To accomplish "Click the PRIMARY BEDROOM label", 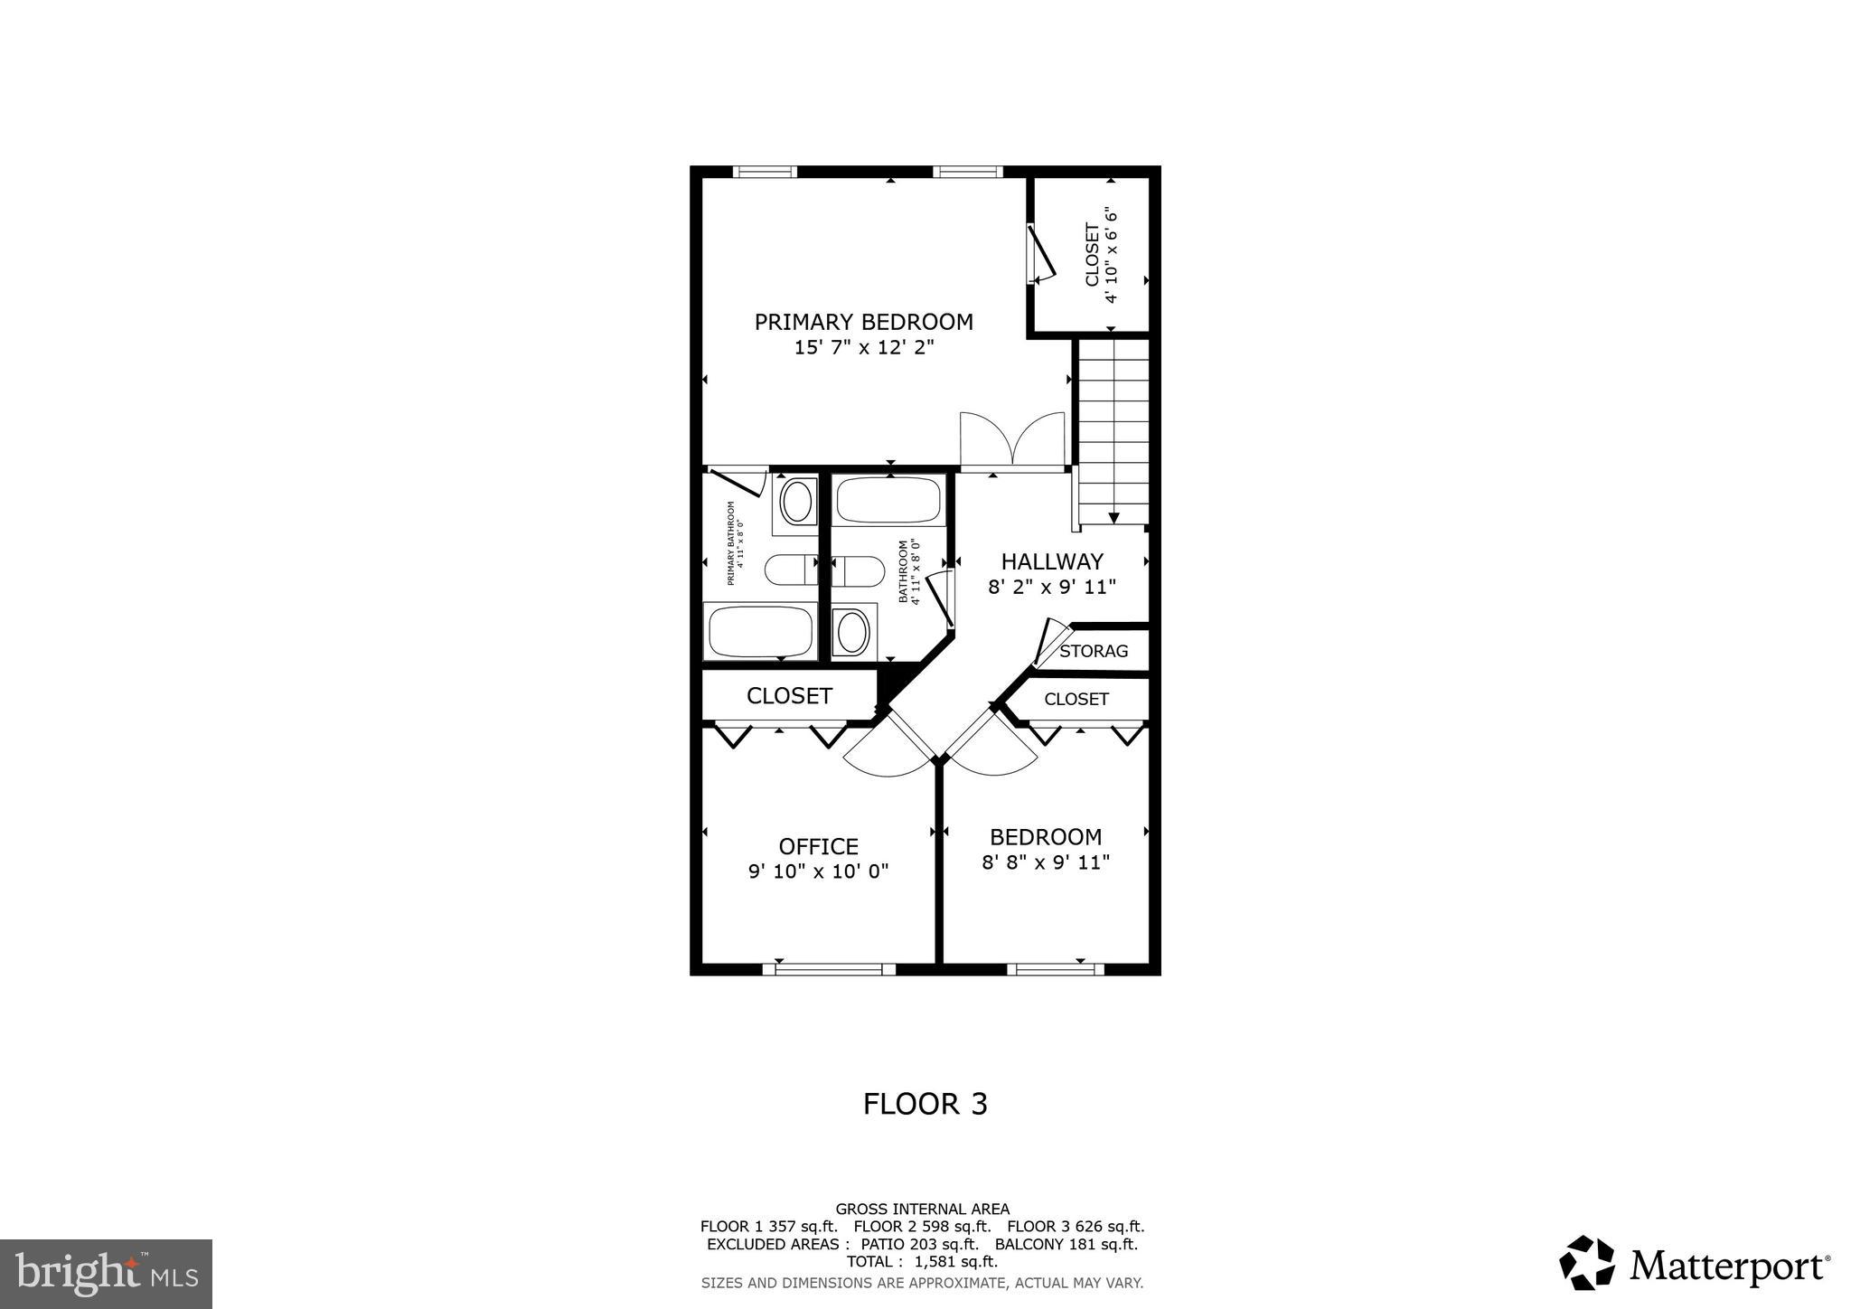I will (863, 322).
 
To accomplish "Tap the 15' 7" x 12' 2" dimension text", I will (863, 347).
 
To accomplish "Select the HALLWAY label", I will (1052, 561).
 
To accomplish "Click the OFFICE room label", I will (818, 846).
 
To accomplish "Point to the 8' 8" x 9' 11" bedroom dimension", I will (1046, 862).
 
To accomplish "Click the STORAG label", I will (1094, 651).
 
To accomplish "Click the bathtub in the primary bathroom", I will (760, 632).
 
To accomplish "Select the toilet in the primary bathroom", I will (790, 570).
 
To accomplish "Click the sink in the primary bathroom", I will (796, 502).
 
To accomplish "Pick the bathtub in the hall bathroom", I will (888, 500).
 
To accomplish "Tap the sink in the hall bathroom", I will (852, 632).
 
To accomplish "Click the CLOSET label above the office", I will (789, 695).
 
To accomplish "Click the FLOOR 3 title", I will (925, 1104).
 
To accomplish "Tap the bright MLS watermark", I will (106, 1274).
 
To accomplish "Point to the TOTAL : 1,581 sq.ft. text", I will (922, 1261).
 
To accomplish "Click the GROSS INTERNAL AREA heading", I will (922, 1209).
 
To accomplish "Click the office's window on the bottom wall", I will (828, 969).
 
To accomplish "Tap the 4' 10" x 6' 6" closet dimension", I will (1112, 257).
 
